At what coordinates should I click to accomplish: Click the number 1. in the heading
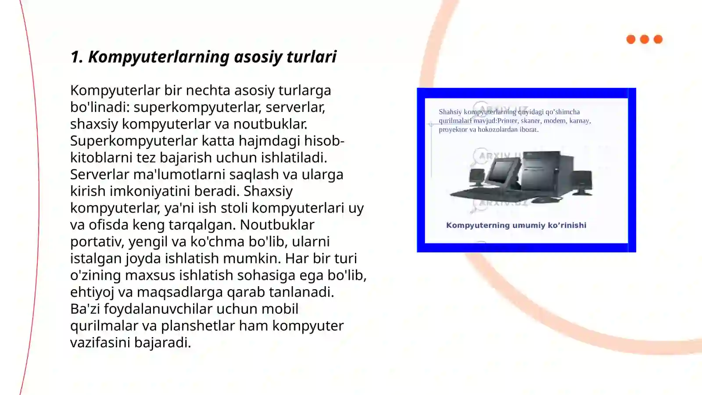[x=76, y=57]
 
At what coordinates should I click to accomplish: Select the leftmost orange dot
[x=631, y=39]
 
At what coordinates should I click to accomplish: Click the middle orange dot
[x=645, y=39]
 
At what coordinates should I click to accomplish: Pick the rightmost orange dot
[x=658, y=39]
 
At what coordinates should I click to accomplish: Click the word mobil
[x=279, y=309]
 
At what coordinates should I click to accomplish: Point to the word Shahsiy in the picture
[x=450, y=112]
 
